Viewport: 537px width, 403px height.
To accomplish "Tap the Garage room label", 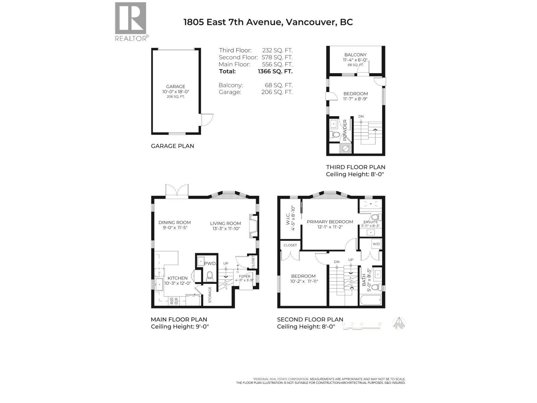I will [176, 87].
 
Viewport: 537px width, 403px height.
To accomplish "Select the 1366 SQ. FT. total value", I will [275, 71].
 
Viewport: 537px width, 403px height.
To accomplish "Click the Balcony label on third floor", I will [355, 55].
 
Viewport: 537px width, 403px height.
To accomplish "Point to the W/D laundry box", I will [376, 244].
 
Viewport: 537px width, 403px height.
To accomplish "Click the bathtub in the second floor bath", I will [371, 300].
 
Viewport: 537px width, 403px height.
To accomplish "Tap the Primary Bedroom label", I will [330, 222].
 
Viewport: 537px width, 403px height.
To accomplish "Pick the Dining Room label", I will [175, 222].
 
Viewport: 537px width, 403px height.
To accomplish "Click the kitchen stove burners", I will [174, 301].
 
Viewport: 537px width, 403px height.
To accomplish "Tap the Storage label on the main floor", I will [210, 295].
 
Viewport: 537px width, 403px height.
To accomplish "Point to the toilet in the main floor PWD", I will [210, 276].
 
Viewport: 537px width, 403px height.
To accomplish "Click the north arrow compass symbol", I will [399, 324].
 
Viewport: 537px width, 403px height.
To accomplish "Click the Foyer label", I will [245, 276].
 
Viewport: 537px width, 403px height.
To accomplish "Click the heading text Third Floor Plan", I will [355, 167].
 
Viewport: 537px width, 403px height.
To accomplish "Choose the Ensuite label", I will [371, 222].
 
